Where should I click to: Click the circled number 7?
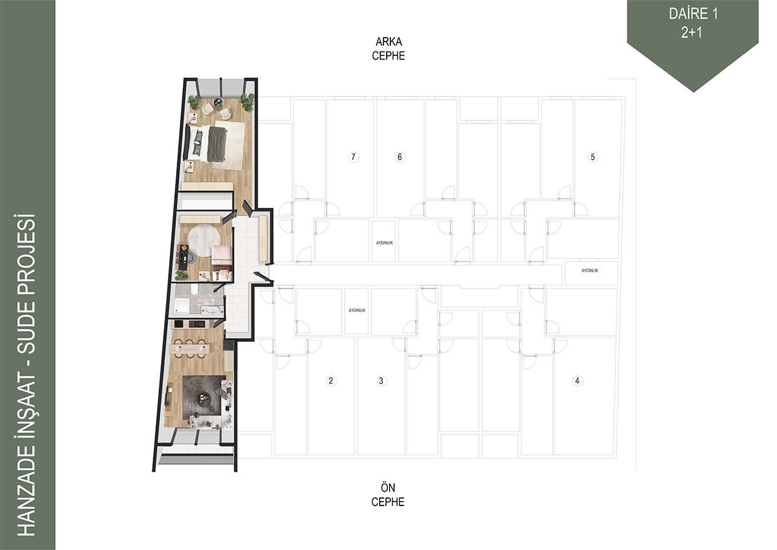[353, 157]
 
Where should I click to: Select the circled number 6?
[400, 157]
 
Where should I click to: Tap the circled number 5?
[593, 157]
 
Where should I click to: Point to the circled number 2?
[331, 381]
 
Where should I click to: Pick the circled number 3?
[381, 381]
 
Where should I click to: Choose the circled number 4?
[577, 381]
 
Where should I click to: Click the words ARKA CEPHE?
[388, 49]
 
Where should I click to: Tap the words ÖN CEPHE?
[388, 495]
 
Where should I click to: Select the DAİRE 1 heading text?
[693, 14]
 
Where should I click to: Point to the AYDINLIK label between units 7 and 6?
[384, 243]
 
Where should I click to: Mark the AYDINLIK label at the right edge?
[590, 270]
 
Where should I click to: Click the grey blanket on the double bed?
[218, 144]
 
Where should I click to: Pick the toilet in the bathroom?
[194, 290]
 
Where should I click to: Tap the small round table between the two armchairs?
[218, 102]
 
